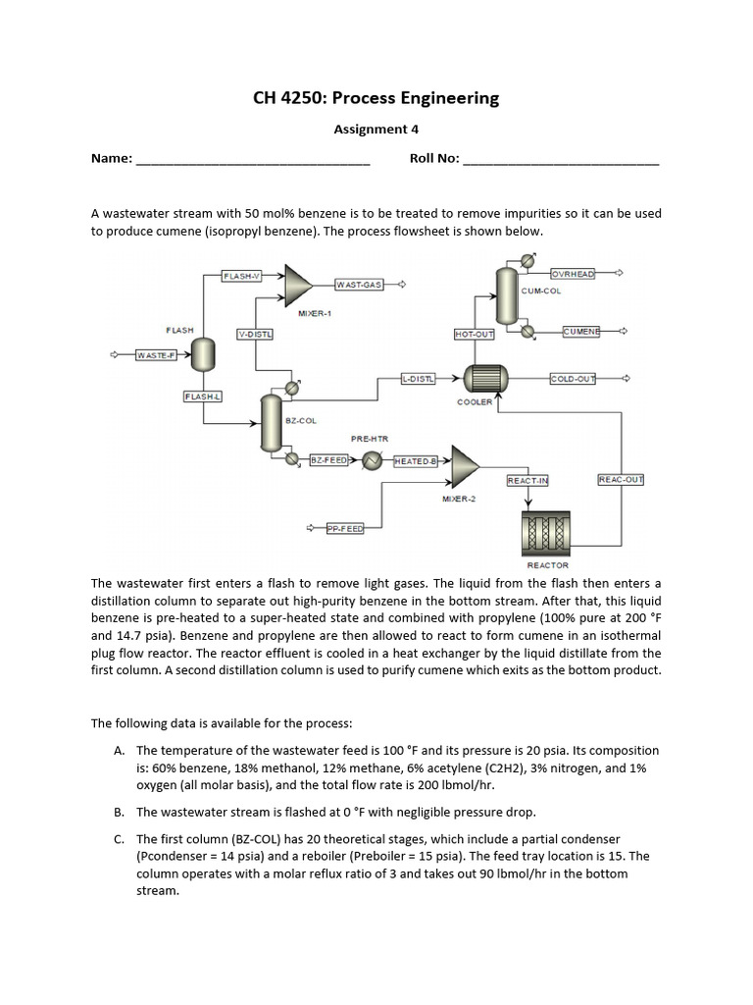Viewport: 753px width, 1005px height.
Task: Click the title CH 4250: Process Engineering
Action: tap(376, 98)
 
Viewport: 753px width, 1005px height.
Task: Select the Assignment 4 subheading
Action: tap(370, 129)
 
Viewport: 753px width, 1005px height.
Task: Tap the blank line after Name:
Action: tap(252, 160)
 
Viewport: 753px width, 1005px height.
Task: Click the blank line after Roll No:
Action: tap(560, 160)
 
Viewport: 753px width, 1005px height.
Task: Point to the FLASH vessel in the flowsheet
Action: tap(203, 353)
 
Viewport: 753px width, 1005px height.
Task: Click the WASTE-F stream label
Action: tap(155, 354)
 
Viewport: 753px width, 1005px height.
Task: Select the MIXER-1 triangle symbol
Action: tap(297, 284)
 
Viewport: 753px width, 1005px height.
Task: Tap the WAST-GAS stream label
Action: tap(358, 285)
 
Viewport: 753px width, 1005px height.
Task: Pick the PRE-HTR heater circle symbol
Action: tap(372, 459)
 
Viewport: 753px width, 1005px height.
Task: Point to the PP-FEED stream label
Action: tap(344, 528)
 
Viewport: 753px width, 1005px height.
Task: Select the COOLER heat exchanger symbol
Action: tap(482, 378)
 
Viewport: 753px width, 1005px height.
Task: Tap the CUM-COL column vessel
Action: tap(506, 295)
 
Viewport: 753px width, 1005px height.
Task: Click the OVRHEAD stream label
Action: tap(573, 274)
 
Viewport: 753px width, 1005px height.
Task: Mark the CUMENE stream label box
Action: tap(581, 332)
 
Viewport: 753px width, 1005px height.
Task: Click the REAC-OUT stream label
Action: tap(620, 479)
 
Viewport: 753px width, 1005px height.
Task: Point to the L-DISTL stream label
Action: tap(419, 378)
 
